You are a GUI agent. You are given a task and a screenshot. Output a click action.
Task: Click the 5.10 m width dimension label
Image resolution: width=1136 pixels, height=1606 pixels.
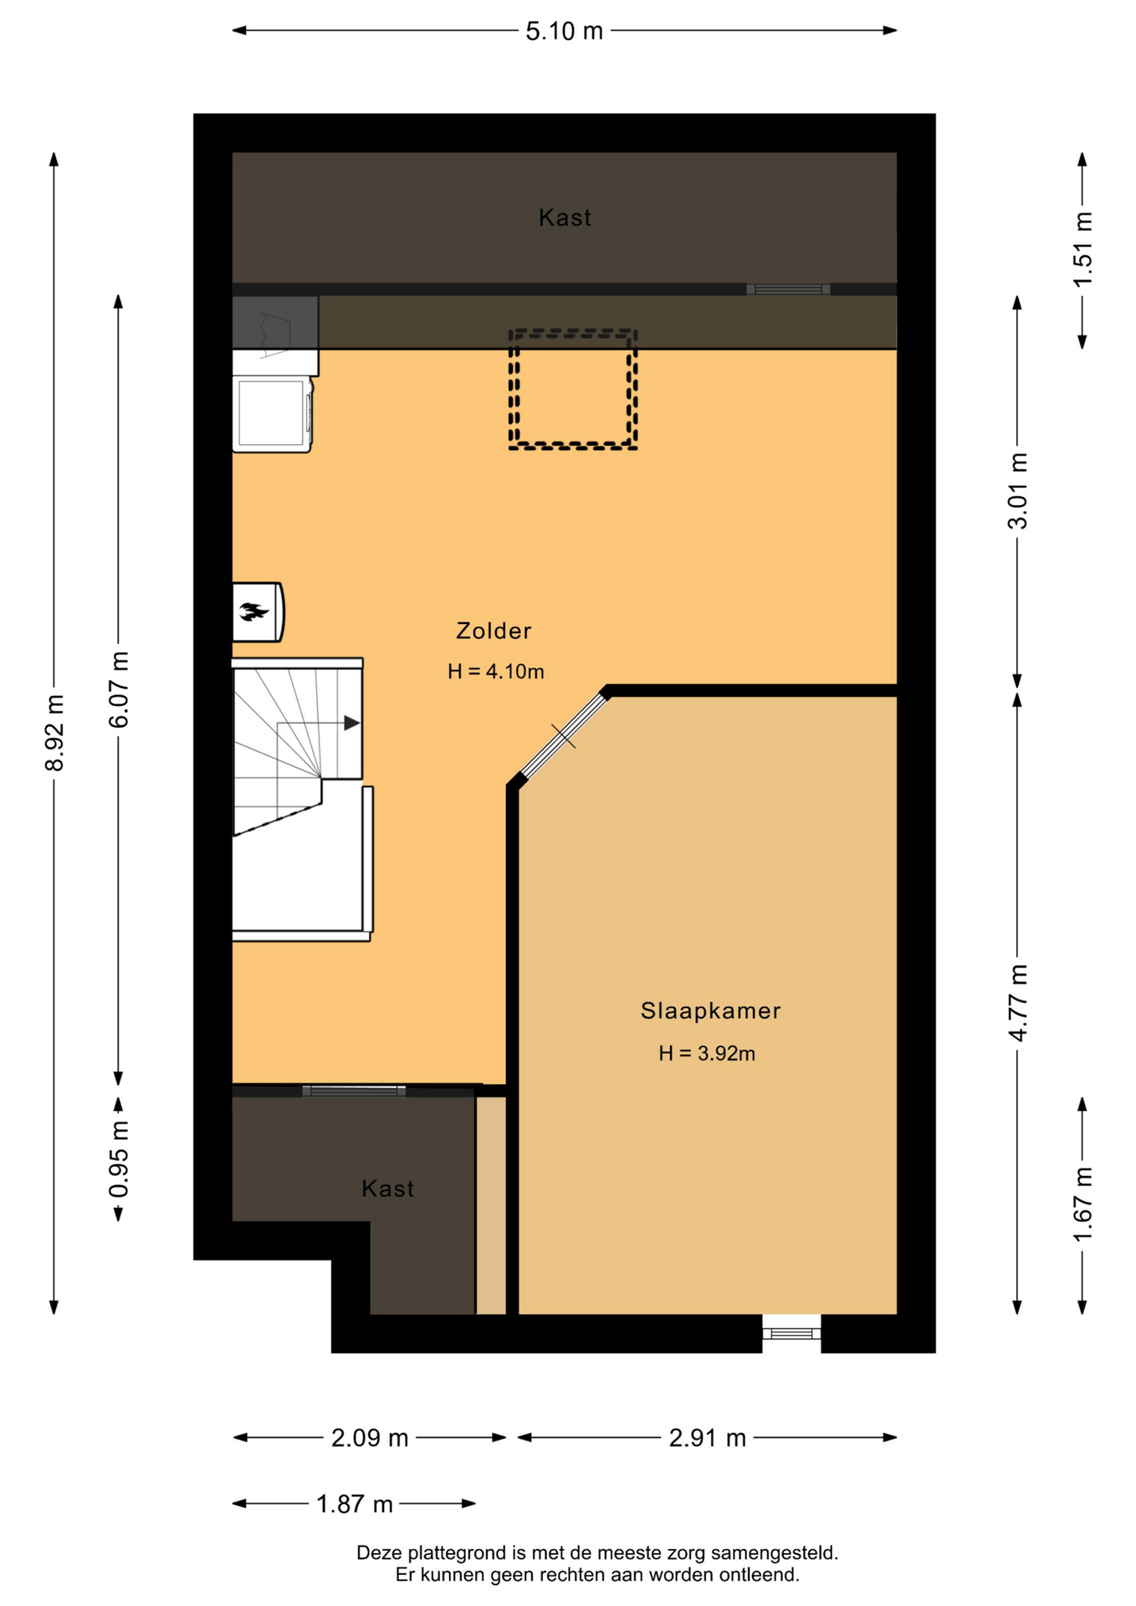tap(564, 31)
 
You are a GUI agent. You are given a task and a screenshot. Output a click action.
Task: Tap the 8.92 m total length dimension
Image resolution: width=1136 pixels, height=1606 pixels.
tap(54, 733)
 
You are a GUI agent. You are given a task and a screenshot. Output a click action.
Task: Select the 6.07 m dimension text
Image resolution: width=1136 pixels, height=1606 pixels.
tap(119, 689)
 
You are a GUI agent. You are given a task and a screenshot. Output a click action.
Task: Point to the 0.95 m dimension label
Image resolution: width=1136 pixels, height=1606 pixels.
tap(119, 1159)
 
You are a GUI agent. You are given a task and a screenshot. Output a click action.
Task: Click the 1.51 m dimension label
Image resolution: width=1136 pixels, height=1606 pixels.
tap(1083, 249)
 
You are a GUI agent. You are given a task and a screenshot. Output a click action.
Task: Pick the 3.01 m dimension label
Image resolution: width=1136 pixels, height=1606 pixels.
tap(1018, 491)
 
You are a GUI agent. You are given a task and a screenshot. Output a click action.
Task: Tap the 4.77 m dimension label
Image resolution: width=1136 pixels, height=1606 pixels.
tap(1018, 1003)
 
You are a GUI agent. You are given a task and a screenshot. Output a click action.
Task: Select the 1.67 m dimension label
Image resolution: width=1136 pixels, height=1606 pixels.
tap(1083, 1205)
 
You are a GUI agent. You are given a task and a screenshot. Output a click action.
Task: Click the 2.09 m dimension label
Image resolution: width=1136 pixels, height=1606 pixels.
tap(370, 1438)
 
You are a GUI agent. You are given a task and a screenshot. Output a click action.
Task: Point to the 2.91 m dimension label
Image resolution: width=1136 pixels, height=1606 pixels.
tap(707, 1438)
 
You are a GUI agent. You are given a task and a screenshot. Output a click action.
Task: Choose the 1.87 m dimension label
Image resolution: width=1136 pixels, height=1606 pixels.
tap(355, 1504)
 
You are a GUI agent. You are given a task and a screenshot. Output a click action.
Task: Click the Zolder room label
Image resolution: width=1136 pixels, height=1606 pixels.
tap(494, 631)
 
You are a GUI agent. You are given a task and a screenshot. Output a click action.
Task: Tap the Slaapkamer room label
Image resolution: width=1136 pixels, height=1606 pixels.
tap(711, 1010)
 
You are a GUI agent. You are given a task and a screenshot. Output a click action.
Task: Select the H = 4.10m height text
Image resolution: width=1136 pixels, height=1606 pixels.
tap(496, 672)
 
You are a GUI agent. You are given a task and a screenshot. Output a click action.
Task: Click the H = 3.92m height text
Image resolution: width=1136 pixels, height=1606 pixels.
tap(707, 1053)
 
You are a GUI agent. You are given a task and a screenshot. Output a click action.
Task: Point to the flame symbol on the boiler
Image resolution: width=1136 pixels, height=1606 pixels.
tap(253, 611)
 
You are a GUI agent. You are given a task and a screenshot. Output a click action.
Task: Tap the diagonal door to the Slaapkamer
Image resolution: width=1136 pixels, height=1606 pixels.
tap(564, 735)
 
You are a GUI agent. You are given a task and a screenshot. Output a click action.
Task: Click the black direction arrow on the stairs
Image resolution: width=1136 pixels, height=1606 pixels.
tap(352, 723)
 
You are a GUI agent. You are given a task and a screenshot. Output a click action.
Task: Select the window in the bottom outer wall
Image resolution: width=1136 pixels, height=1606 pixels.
tap(791, 1333)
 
